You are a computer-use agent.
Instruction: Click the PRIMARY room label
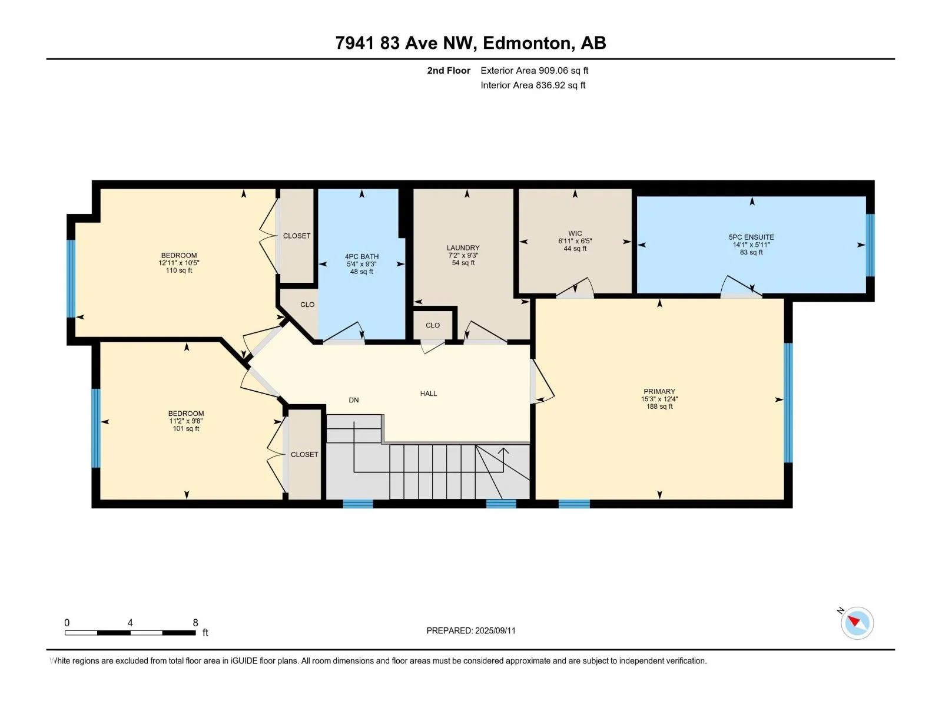click(659, 391)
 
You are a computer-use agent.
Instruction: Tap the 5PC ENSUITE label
click(751, 237)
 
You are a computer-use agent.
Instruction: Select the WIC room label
click(575, 233)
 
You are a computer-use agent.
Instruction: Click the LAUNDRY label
click(463, 247)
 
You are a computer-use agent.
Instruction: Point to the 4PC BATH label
click(361, 257)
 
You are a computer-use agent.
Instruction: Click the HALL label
click(428, 394)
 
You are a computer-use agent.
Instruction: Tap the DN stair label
click(354, 400)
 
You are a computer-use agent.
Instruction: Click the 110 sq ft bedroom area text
click(179, 270)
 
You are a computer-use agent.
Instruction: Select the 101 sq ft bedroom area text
click(186, 428)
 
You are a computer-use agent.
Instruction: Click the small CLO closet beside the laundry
click(433, 325)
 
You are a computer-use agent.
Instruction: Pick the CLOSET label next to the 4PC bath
click(297, 236)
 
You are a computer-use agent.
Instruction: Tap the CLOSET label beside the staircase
click(304, 455)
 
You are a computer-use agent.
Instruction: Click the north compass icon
click(857, 623)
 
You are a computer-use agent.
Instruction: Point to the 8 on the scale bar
click(195, 622)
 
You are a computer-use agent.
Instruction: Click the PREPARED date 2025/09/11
click(495, 630)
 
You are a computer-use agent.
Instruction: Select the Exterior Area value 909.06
click(553, 70)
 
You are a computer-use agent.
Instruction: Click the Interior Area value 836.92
click(550, 85)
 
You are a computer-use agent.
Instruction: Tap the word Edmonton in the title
click(526, 43)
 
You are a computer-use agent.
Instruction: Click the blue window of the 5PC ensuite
click(870, 245)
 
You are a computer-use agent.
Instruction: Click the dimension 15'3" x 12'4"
click(659, 399)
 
